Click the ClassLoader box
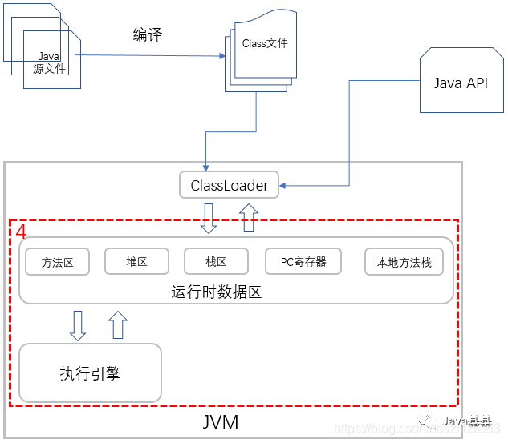coord(229,185)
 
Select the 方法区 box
coord(57,262)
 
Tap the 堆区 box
coord(136,261)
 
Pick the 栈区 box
coord(216,261)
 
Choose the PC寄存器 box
coord(303,261)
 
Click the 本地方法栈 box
coord(404,262)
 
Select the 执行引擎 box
coord(90,373)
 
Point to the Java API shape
coord(460,83)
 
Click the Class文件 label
coord(264,44)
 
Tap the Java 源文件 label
coord(49,62)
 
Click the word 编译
coord(147,35)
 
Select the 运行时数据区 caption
coord(217,292)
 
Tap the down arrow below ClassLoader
coord(209,218)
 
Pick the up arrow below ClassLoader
coord(249,217)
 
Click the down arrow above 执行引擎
coord(78,324)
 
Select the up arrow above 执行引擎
coord(118,324)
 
